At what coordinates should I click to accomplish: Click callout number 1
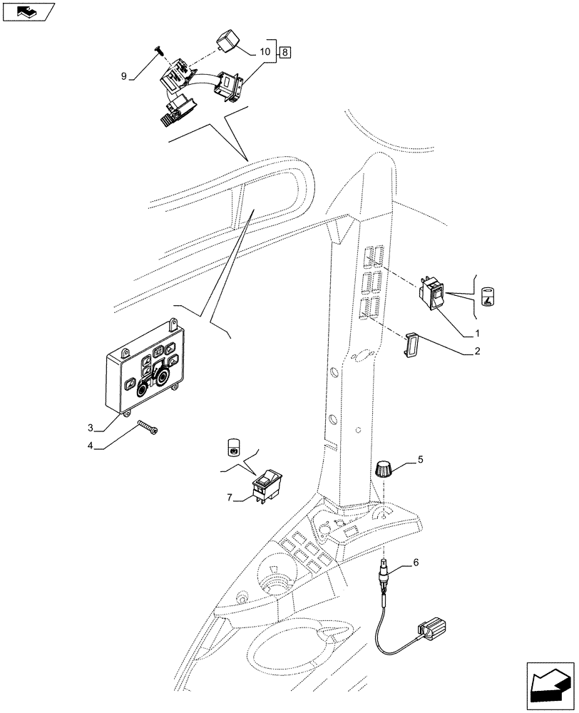coord(477,333)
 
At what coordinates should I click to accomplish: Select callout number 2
coord(477,351)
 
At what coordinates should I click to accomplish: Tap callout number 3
coord(91,427)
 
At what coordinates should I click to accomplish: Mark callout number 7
coord(229,498)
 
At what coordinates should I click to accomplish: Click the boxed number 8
coord(285,52)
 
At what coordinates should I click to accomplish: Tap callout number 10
coord(265,52)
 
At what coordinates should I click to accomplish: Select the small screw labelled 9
coord(158,51)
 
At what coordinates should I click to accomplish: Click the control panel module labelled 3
coord(150,369)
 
